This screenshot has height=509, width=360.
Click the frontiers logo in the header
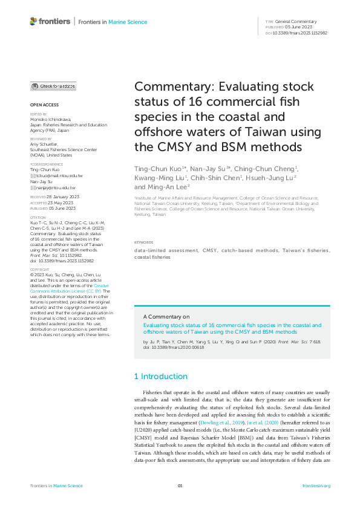tap(50, 22)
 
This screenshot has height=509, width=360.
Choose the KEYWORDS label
tap(144, 259)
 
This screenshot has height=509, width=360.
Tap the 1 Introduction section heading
tap(161, 377)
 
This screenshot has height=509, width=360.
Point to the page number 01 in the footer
tap(180, 486)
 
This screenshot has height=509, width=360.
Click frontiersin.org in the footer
tap(316, 486)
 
